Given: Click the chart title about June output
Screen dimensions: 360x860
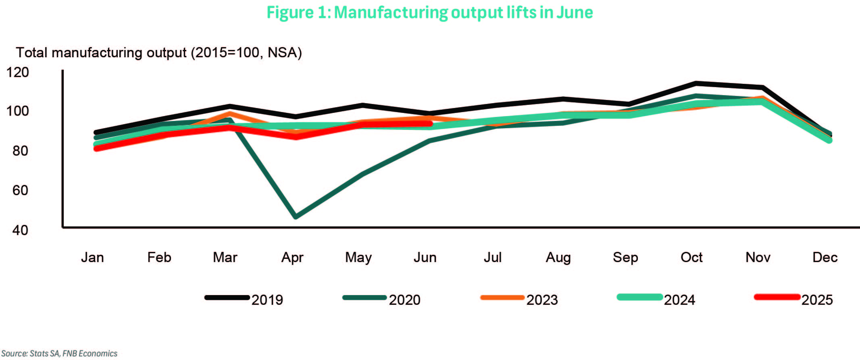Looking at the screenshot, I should click(430, 12).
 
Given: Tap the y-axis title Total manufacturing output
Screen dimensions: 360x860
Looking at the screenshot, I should click(159, 53).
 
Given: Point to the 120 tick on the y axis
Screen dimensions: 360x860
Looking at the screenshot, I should click(18, 73).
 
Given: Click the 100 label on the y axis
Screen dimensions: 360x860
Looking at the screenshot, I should click(18, 111).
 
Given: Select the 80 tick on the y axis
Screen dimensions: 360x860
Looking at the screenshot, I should click(20, 151).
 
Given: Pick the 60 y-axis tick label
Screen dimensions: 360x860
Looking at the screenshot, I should click(20, 190).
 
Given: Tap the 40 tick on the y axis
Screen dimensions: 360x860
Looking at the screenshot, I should click(20, 230).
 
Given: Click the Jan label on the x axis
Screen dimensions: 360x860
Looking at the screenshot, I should click(92, 257).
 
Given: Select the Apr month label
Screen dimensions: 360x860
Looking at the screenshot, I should click(292, 257).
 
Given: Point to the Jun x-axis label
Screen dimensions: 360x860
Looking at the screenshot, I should click(425, 257).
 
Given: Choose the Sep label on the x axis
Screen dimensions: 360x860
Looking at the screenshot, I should click(625, 257).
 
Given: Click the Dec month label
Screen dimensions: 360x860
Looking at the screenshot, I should click(825, 257).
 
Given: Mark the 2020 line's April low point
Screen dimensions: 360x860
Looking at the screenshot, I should click(296, 216).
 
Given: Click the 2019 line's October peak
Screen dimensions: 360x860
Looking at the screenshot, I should click(695, 83).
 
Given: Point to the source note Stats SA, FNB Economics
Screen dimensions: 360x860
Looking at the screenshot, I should click(59, 354).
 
